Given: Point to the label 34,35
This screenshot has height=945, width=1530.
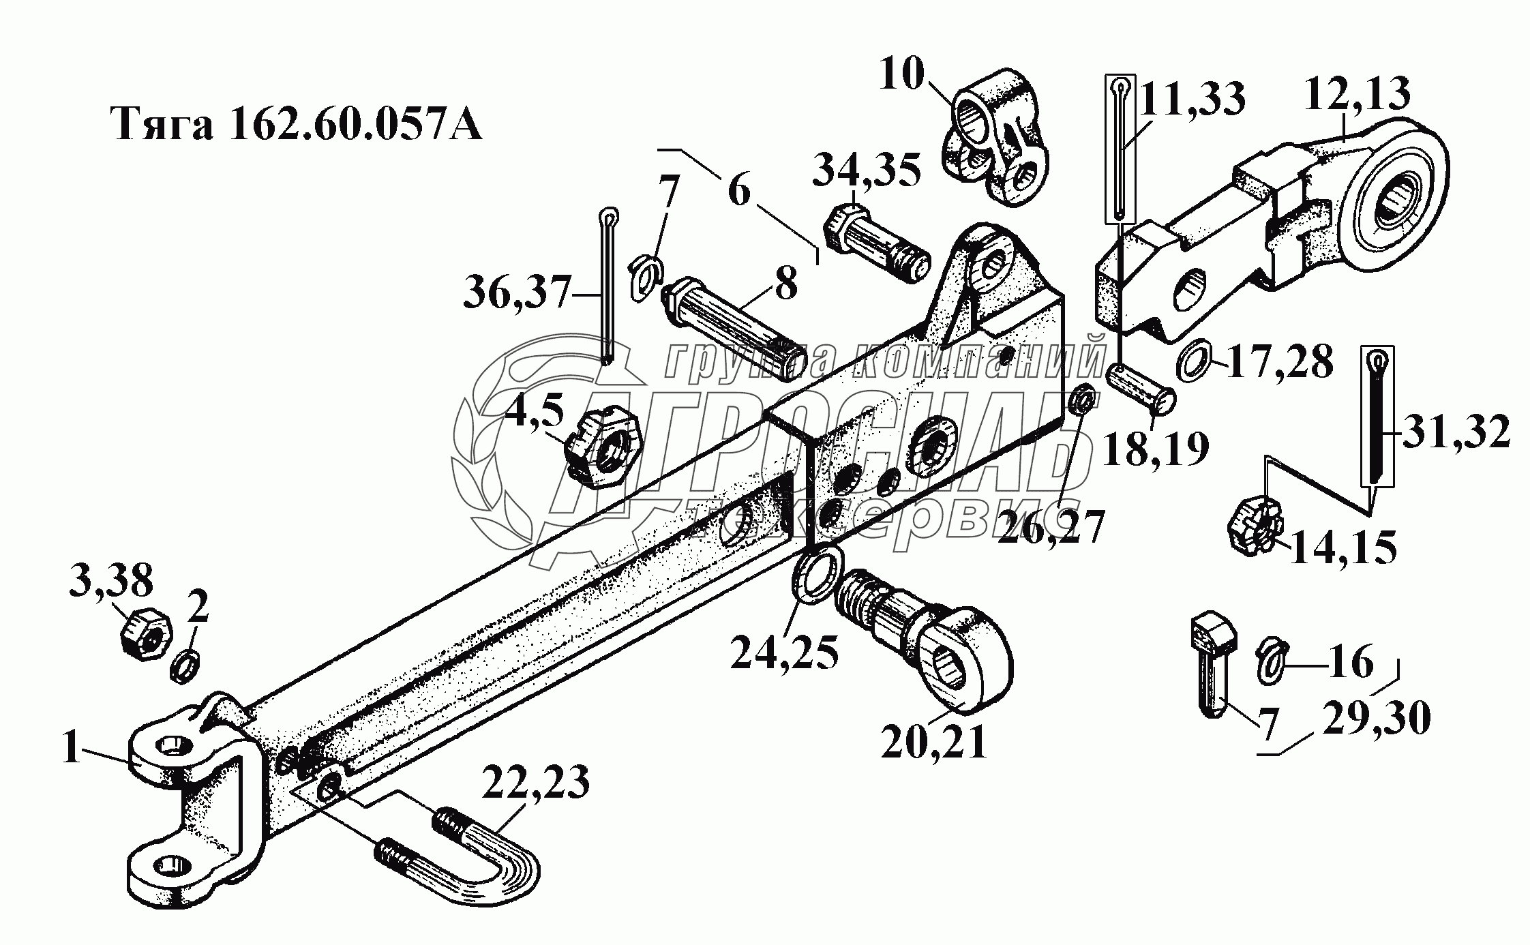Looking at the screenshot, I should tap(866, 170).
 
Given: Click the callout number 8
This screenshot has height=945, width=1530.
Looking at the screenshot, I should tap(786, 283).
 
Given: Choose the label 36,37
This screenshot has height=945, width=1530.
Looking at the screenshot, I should tap(516, 295).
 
